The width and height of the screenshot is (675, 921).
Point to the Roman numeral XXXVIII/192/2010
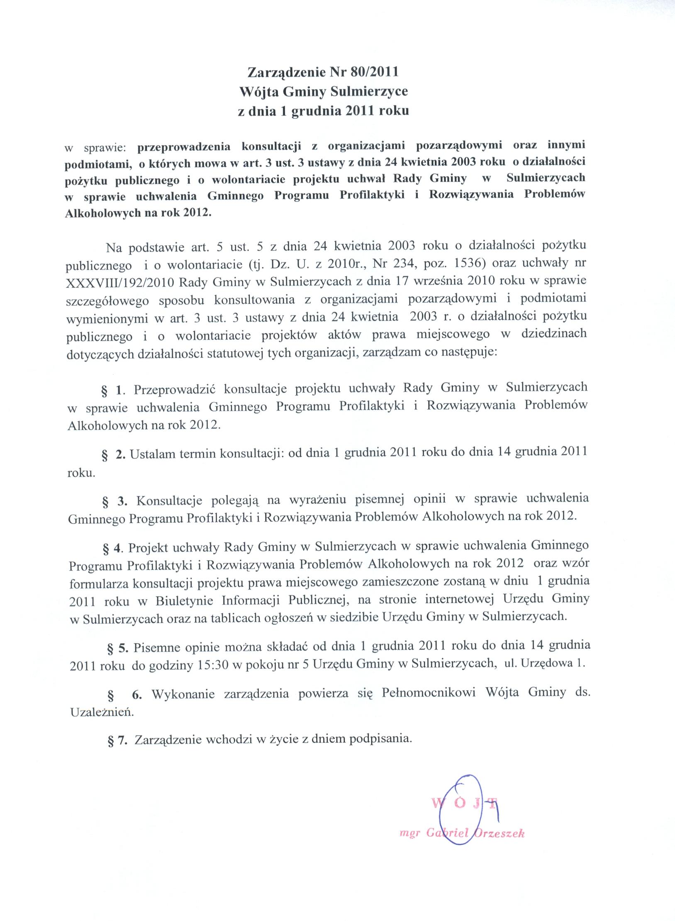click(x=120, y=282)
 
